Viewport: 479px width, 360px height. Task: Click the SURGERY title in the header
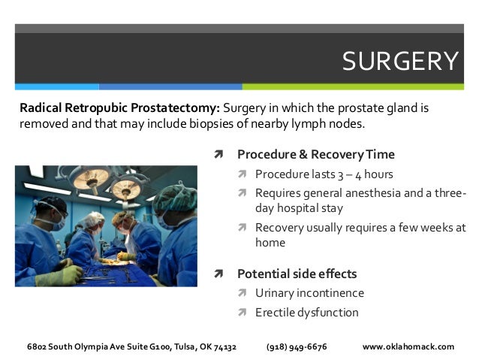tap(399, 61)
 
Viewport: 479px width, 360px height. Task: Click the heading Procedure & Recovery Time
tap(315, 155)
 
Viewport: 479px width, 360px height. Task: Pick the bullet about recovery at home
tap(360, 234)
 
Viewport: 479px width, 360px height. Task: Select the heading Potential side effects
tap(297, 274)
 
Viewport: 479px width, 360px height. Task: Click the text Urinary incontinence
tap(309, 293)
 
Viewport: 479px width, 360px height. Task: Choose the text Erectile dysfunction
tap(306, 313)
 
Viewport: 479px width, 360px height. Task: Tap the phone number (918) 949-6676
tap(297, 346)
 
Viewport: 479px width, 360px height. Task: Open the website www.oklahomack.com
tap(408, 346)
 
